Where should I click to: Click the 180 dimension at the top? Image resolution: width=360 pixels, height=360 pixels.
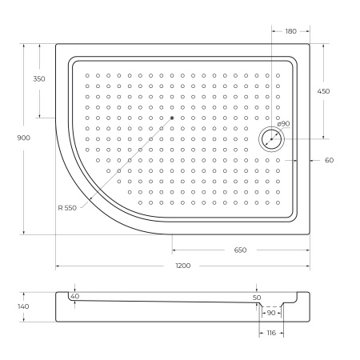(x=290, y=31)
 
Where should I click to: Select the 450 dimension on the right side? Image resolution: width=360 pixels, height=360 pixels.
(x=323, y=91)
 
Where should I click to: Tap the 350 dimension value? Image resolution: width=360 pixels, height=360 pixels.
(x=39, y=78)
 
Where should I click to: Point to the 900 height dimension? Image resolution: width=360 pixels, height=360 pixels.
(x=23, y=138)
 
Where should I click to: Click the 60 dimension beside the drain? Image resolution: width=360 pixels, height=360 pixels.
(x=329, y=160)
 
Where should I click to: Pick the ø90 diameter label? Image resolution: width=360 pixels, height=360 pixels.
(x=283, y=124)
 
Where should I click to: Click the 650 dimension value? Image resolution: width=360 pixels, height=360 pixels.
(x=240, y=250)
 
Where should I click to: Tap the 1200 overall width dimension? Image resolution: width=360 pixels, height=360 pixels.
(x=182, y=266)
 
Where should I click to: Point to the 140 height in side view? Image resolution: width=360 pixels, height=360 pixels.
(x=23, y=306)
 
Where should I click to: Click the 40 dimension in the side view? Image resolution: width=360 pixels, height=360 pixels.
(x=74, y=296)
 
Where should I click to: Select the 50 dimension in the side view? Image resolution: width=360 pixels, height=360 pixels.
(x=257, y=298)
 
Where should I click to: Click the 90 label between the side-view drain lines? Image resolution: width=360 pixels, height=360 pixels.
(x=270, y=313)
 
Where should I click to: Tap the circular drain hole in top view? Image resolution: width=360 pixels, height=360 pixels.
(x=271, y=139)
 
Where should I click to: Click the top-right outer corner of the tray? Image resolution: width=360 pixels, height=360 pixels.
(x=310, y=43)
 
